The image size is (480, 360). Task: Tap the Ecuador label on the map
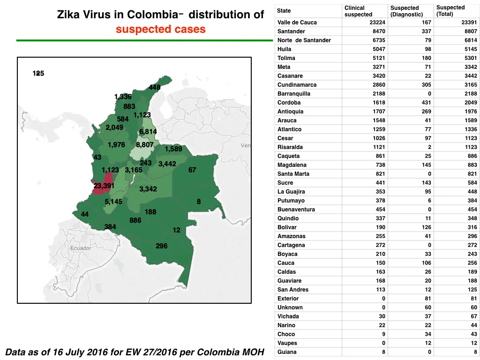click(81, 248)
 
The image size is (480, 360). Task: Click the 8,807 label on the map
click(145, 144)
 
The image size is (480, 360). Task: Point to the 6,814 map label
click(148, 132)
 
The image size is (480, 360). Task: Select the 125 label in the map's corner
click(38, 74)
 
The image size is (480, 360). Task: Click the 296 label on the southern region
click(161, 246)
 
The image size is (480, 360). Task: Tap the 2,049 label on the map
click(114, 127)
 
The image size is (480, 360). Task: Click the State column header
click(284, 11)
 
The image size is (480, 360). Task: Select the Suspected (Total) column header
click(450, 11)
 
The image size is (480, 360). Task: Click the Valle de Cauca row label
click(297, 22)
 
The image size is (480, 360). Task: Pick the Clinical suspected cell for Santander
click(379, 31)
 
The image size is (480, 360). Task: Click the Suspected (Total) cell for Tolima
click(471, 58)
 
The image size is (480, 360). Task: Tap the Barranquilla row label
click(293, 94)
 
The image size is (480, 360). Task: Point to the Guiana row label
click(287, 352)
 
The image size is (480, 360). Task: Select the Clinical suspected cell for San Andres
click(381, 290)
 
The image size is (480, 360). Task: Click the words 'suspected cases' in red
click(160, 29)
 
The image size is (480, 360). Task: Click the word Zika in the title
click(68, 15)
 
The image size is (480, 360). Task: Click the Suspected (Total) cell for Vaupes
click(473, 343)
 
